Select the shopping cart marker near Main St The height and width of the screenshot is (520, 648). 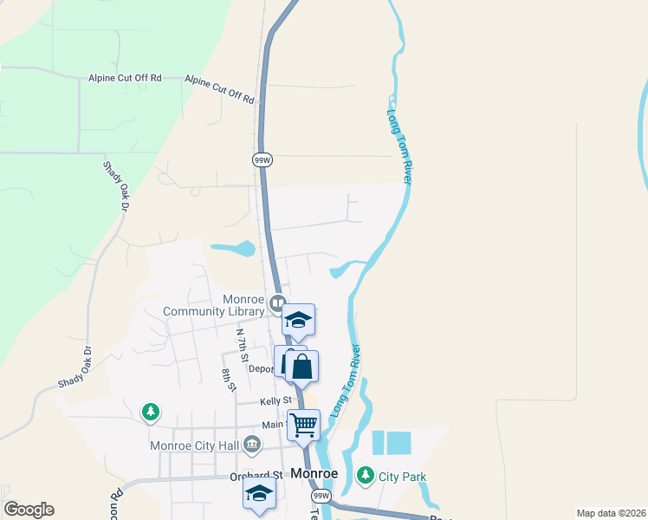coord(303,426)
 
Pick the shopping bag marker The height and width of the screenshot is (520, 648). coord(301,367)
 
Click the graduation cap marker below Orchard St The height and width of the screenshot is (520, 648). coord(258,495)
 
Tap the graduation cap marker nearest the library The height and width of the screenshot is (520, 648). coord(298,321)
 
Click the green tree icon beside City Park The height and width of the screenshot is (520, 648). coord(365,476)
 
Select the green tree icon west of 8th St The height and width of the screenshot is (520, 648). coord(152,410)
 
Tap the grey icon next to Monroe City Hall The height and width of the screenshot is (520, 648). coord(252,446)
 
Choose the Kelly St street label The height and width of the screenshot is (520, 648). coord(275,401)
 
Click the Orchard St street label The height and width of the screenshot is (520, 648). coord(256,475)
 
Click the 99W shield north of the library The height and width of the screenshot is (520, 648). coord(262,160)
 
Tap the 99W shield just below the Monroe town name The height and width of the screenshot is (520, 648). coord(321,496)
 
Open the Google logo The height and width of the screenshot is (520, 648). coord(29,510)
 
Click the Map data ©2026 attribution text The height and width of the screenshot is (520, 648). coord(611,513)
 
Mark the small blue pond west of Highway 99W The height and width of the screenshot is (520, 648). coord(232,250)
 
